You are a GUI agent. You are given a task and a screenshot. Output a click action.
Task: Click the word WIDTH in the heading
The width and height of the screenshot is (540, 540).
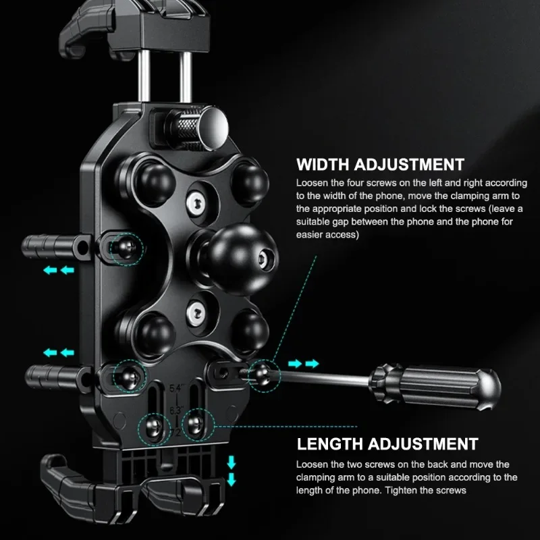[x=323, y=165]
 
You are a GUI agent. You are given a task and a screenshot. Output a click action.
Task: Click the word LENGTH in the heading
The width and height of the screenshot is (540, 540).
[x=330, y=444]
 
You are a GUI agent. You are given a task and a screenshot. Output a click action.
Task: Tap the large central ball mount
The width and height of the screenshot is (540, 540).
[x=242, y=259]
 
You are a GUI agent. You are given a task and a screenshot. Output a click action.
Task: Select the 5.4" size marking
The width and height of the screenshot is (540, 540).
[x=175, y=389]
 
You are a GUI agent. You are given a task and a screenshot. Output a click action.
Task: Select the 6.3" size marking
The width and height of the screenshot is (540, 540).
[x=176, y=410]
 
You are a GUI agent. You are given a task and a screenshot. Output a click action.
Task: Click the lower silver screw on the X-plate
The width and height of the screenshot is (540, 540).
[x=196, y=313]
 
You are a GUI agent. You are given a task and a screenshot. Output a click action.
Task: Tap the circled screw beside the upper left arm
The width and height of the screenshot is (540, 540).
[x=126, y=248]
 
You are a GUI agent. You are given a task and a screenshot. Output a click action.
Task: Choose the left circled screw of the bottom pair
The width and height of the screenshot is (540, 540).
[x=154, y=429]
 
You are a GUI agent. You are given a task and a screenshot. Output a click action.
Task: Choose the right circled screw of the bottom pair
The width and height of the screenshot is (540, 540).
[x=197, y=426]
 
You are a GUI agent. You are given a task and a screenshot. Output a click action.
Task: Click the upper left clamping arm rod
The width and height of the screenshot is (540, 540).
[x=55, y=247]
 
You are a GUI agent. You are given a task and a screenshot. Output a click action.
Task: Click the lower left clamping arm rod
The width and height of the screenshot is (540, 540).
[x=57, y=377]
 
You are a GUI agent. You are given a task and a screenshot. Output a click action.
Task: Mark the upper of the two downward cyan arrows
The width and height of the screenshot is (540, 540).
[x=231, y=462]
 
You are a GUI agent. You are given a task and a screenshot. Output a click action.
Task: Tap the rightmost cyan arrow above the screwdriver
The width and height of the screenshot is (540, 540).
[x=312, y=364]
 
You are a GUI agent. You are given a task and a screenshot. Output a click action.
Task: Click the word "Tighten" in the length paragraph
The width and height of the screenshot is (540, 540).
[x=400, y=491]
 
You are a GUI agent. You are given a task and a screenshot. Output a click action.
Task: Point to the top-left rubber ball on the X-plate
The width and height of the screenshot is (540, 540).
[x=155, y=183]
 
